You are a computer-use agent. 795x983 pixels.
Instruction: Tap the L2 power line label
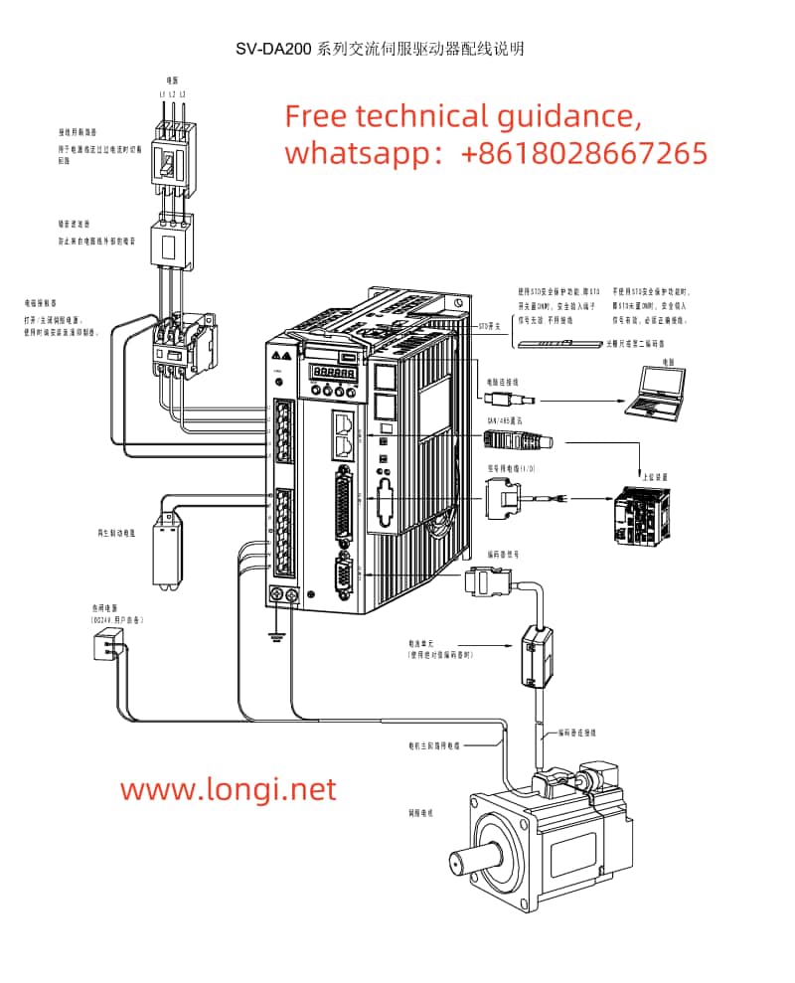point(172,94)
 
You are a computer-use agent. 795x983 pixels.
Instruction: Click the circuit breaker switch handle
point(170,161)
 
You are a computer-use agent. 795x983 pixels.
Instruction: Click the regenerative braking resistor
point(166,553)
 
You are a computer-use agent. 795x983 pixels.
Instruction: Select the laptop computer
point(657,390)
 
